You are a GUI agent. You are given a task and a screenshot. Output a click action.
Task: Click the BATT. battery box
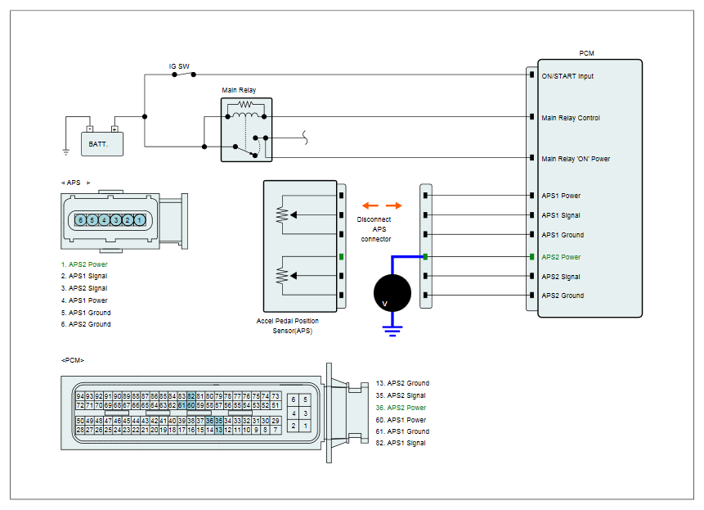point(102,144)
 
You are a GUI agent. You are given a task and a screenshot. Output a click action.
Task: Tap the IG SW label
point(179,66)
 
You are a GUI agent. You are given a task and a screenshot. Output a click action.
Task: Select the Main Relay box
point(246,130)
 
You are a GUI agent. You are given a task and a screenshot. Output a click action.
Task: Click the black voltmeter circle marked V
point(392,293)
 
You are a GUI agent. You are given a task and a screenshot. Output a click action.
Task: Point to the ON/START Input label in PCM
point(567,76)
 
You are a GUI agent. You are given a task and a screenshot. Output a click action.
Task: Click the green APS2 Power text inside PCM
point(561,257)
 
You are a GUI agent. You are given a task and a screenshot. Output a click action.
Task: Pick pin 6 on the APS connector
point(80,220)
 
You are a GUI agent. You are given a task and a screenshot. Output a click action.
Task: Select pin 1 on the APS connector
point(140,220)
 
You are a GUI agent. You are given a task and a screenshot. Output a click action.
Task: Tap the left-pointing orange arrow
point(370,205)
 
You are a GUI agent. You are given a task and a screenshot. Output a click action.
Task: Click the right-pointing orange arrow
point(394,205)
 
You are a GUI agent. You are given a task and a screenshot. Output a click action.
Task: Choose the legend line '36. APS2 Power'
point(401,408)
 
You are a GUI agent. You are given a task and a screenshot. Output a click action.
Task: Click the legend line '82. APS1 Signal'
point(401,443)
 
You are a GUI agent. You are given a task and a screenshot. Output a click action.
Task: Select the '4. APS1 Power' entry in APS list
point(84,300)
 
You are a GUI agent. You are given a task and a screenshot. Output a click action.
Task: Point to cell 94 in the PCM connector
point(80,396)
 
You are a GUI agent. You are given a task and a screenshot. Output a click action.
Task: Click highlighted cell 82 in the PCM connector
point(191,396)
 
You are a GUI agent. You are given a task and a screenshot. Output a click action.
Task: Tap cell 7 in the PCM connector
point(276,430)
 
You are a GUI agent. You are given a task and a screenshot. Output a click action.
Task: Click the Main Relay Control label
point(571,118)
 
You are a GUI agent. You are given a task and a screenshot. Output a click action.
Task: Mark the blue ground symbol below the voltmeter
point(392,331)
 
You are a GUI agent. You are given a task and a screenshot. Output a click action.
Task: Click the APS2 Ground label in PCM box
point(563,296)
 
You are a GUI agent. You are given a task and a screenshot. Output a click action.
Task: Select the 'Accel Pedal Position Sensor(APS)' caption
point(288,326)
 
